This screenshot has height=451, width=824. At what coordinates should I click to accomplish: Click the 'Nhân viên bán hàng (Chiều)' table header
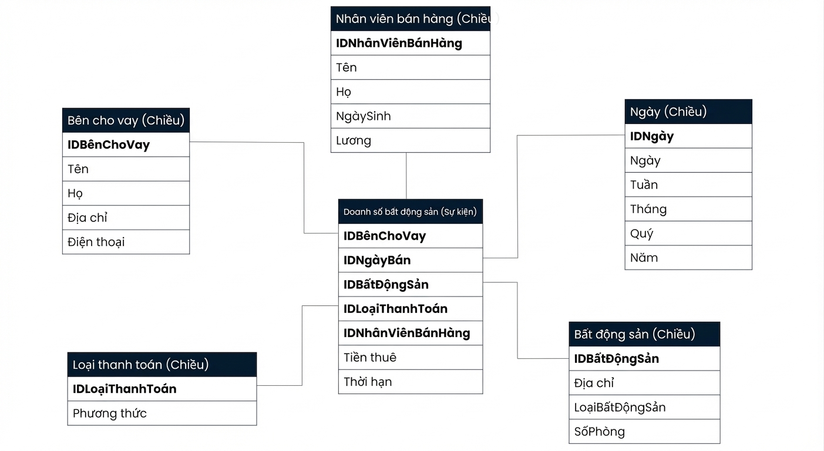pos(411,19)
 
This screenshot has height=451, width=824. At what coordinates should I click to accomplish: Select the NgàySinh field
pos(411,116)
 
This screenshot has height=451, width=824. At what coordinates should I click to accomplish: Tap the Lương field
pos(411,140)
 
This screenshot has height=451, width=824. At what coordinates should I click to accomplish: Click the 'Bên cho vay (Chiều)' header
pos(126,120)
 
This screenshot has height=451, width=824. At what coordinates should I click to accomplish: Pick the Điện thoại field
pos(126,242)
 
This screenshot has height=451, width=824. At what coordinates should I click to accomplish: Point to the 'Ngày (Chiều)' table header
pos(689,112)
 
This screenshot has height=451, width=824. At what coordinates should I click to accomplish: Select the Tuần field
pos(689,184)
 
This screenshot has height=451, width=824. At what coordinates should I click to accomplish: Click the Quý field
pos(689,233)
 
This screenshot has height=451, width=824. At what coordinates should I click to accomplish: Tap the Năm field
pos(689,257)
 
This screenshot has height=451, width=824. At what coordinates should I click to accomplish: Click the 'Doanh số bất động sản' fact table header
pos(411,211)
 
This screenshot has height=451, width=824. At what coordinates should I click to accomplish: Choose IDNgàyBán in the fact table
pos(411,260)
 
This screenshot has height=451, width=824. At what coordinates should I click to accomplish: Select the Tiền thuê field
pos(411,358)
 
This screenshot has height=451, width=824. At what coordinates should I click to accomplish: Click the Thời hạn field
pos(411,382)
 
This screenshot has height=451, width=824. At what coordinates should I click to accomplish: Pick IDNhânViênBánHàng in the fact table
pos(411,334)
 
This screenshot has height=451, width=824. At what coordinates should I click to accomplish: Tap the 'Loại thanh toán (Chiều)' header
pos(162,365)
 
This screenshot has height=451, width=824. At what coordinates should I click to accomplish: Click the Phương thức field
pos(162,413)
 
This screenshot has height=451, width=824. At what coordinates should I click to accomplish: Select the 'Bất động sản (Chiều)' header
pos(644,334)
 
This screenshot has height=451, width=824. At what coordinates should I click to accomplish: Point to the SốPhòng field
pos(644,432)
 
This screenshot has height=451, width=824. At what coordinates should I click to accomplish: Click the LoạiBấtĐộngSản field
pos(644,407)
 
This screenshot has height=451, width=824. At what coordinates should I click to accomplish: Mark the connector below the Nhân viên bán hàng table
pos(406,176)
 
